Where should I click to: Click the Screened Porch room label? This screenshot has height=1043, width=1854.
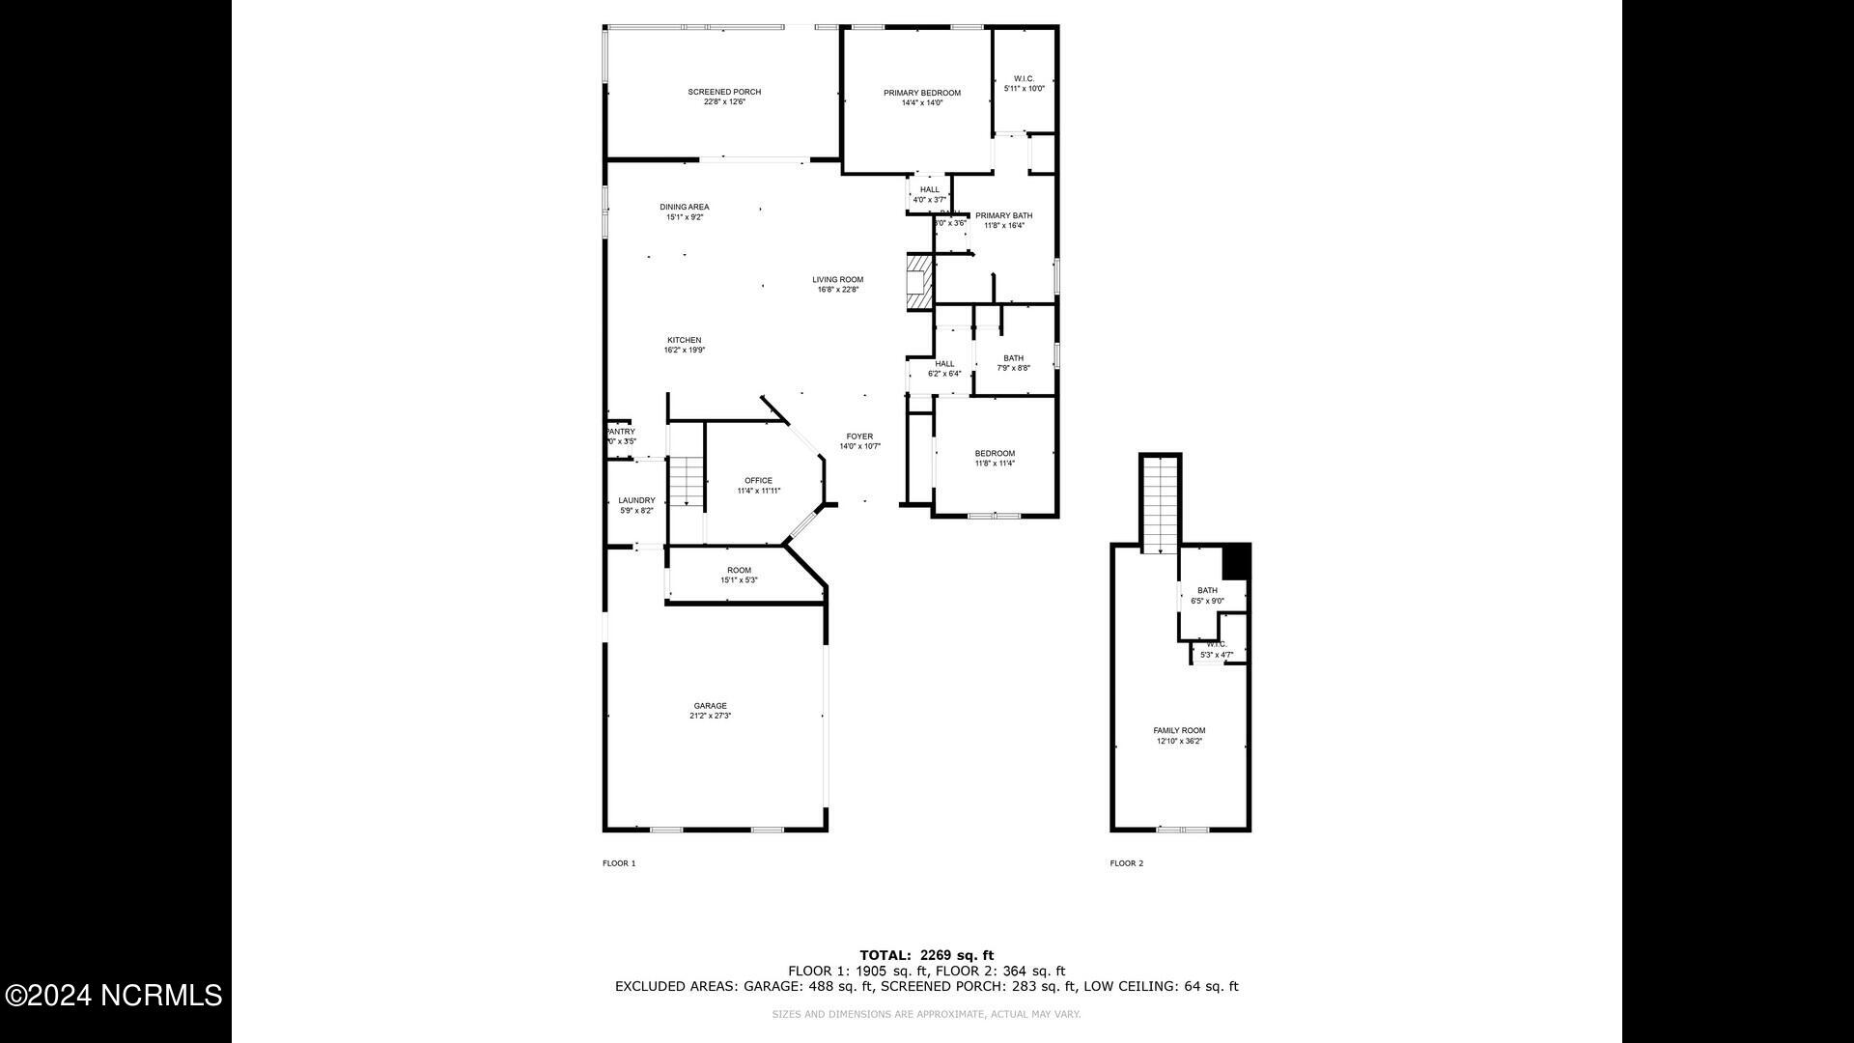click(x=724, y=93)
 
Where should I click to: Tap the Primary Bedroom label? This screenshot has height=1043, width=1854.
click(x=921, y=94)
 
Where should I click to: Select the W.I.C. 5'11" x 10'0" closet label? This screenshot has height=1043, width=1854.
click(x=1024, y=84)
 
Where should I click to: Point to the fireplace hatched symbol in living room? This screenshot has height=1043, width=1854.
click(x=919, y=281)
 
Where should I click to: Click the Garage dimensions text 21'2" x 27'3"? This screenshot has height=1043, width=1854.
click(x=710, y=717)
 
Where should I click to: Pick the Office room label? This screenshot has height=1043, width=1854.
click(x=758, y=481)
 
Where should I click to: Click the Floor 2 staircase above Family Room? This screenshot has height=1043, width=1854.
click(x=1160, y=502)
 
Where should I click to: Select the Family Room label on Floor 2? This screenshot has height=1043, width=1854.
click(x=1179, y=731)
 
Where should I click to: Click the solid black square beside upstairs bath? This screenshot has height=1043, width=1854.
click(x=1236, y=561)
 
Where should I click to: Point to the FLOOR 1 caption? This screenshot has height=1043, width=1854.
click(x=619, y=863)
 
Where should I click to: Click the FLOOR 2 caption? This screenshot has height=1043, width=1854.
click(x=1126, y=863)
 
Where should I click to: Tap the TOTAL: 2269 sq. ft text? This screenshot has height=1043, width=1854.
click(x=926, y=955)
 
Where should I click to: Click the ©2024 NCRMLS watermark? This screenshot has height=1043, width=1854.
click(x=114, y=995)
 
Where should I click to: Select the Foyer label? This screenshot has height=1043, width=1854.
click(x=859, y=437)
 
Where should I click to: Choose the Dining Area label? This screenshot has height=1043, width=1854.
click(x=685, y=207)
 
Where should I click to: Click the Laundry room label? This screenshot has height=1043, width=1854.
click(x=636, y=500)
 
